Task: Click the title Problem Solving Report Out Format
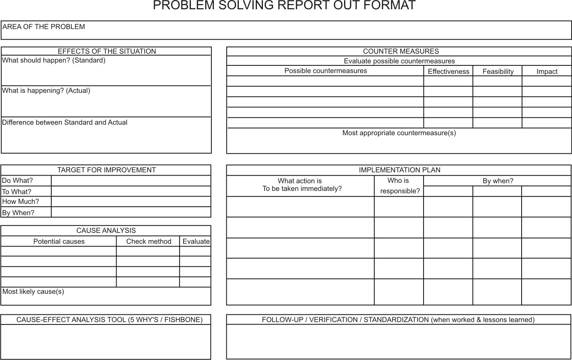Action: [284, 6]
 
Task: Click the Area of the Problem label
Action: [44, 27]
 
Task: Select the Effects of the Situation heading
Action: [106, 51]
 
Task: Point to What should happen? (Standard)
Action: [54, 61]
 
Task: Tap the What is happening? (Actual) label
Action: [46, 91]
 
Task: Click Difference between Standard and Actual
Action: [65, 123]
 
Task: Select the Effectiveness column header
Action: [448, 71]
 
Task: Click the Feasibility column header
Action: [498, 71]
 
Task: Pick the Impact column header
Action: [547, 71]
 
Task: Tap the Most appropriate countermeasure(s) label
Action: [399, 133]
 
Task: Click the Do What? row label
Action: [18, 181]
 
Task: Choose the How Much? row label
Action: [21, 202]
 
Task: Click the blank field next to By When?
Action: [131, 212]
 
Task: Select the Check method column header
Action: [148, 241]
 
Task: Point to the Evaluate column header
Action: [196, 241]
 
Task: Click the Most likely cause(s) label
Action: [33, 292]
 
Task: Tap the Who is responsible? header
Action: [399, 186]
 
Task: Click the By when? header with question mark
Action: [498, 181]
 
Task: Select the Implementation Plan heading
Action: [399, 170]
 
